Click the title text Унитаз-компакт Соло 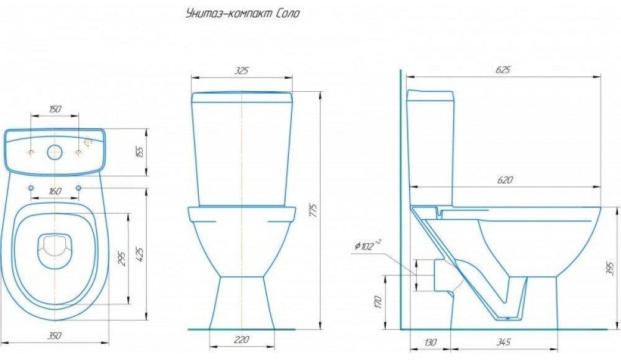coord(243,14)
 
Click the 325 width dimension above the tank coord(242,71)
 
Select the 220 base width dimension coord(242,340)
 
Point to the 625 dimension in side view coord(503,70)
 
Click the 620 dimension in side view coord(505,180)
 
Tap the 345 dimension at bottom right coord(504,341)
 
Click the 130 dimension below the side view coord(430,341)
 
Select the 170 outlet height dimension coord(378,302)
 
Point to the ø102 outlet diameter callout coord(367,246)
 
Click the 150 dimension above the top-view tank coord(55,109)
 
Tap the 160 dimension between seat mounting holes coord(55,192)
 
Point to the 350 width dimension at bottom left coord(55,336)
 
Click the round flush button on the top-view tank coord(55,151)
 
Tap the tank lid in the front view coord(242,97)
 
